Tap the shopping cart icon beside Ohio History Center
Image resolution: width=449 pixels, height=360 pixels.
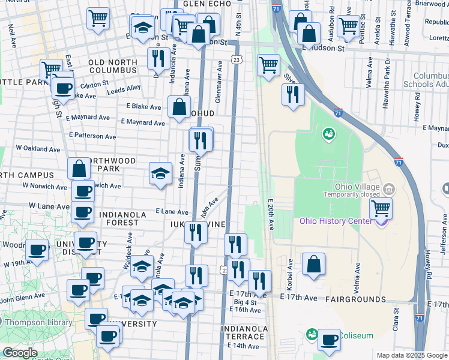[x=381, y=209]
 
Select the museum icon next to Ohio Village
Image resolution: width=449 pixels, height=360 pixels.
[x=389, y=190]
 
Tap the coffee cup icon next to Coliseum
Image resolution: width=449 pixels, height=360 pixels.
[x=329, y=340]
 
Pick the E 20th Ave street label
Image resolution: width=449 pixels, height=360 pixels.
[x=271, y=215]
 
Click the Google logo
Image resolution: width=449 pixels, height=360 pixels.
[x=20, y=353]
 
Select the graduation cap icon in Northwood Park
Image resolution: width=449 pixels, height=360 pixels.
[x=160, y=173]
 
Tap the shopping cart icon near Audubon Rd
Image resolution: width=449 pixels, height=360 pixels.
[x=348, y=25]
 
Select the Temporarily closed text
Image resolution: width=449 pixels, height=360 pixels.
[x=351, y=194]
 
